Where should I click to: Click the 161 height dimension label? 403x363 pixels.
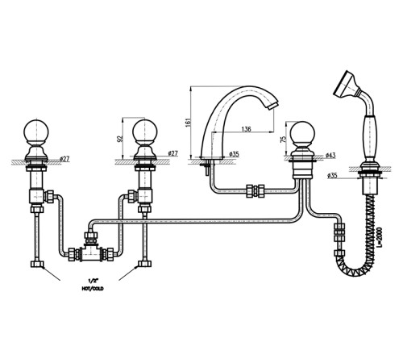[189, 122]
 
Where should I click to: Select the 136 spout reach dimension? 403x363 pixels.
[246, 129]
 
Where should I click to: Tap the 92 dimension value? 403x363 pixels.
[120, 138]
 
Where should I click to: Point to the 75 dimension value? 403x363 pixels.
[283, 139]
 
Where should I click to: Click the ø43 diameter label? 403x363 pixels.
[330, 156]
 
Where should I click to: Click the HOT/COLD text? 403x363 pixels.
[93, 289]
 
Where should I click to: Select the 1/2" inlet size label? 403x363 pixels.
[93, 281]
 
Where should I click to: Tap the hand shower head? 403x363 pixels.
[346, 83]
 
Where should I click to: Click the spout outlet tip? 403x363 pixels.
[272, 106]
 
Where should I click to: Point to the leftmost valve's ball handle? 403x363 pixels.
[36, 131]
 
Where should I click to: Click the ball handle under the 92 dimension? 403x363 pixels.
[145, 131]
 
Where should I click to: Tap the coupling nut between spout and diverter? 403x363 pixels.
[256, 191]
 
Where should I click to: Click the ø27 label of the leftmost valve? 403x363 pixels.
[64, 159]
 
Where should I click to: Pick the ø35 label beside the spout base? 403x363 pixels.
[234, 154]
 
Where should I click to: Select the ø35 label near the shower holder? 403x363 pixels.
[332, 176]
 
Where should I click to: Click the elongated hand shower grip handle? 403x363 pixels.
[371, 137]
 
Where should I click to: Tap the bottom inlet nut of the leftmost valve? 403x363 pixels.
[37, 264]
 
